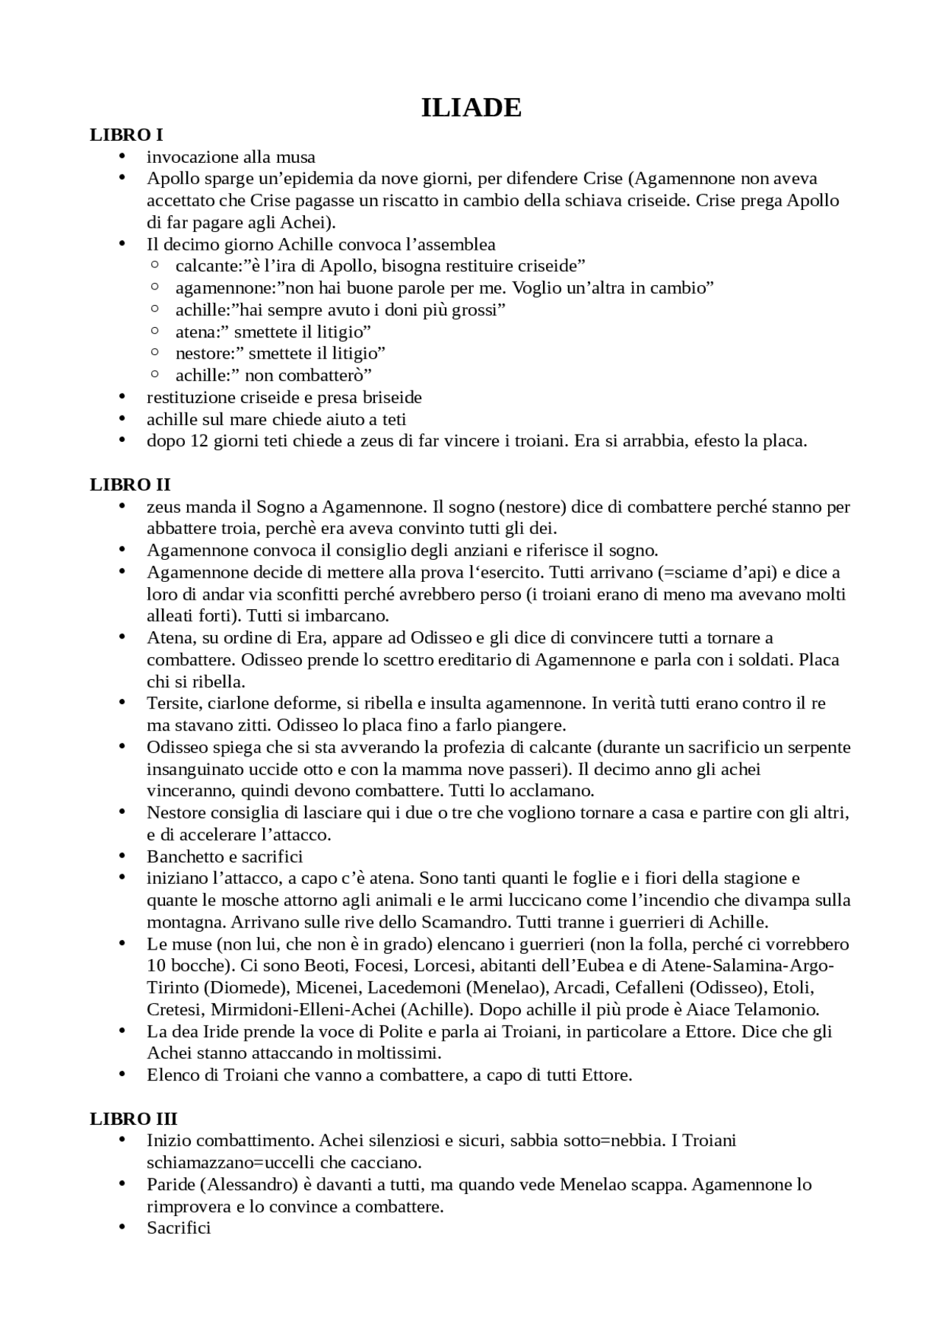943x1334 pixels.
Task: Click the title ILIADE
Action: [471, 108]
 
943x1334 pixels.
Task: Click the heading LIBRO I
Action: [126, 135]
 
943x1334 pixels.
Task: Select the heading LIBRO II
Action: [130, 485]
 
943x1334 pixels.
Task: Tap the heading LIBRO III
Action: [133, 1119]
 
